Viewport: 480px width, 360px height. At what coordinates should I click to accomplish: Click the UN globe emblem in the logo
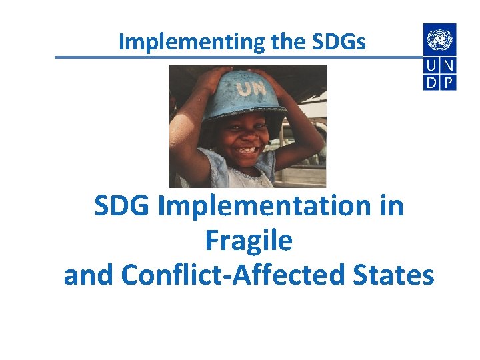tap(440, 39)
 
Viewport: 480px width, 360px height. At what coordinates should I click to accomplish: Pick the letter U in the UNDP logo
tap(432, 66)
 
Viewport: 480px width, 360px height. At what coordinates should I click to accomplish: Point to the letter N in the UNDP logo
tap(449, 66)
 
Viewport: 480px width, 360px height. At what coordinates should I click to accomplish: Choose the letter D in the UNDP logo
tap(432, 82)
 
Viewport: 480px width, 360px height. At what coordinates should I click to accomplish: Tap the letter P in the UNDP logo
tap(449, 82)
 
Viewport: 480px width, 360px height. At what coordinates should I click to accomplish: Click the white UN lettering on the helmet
tap(250, 87)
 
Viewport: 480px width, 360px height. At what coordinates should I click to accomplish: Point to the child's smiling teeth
tap(247, 150)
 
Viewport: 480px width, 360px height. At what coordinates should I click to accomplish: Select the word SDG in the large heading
tap(124, 206)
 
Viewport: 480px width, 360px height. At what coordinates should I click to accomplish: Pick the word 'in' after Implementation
tap(391, 206)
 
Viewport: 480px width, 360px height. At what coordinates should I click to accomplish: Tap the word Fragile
tap(249, 241)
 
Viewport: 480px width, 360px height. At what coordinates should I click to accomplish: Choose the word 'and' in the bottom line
tap(89, 275)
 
